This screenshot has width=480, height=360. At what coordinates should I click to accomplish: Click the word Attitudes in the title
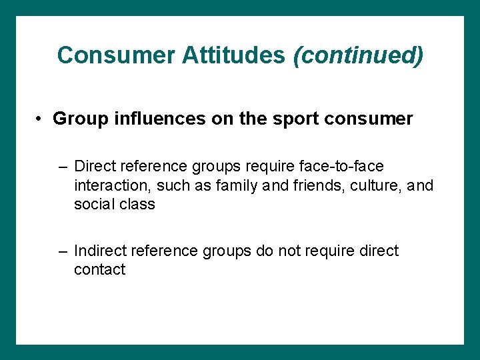tap(233, 55)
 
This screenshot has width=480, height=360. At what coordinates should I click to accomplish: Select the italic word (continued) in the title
tap(357, 55)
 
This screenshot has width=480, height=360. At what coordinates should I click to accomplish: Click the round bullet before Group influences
tap(41, 119)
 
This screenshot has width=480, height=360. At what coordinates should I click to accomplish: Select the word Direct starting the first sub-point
tap(94, 166)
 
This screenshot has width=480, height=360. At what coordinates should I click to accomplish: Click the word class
tap(137, 205)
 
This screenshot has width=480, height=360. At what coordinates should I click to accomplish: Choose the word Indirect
tap(101, 251)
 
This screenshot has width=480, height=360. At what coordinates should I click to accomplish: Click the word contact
tap(99, 270)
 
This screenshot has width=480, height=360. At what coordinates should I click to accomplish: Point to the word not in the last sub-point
tap(285, 251)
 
